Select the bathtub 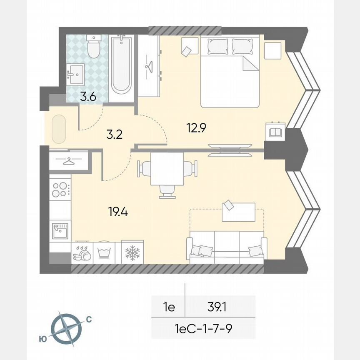click(x=121, y=65)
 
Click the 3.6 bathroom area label click(x=88, y=97)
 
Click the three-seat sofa click(x=227, y=247)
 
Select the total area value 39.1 click(x=220, y=308)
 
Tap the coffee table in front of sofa click(x=238, y=211)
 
